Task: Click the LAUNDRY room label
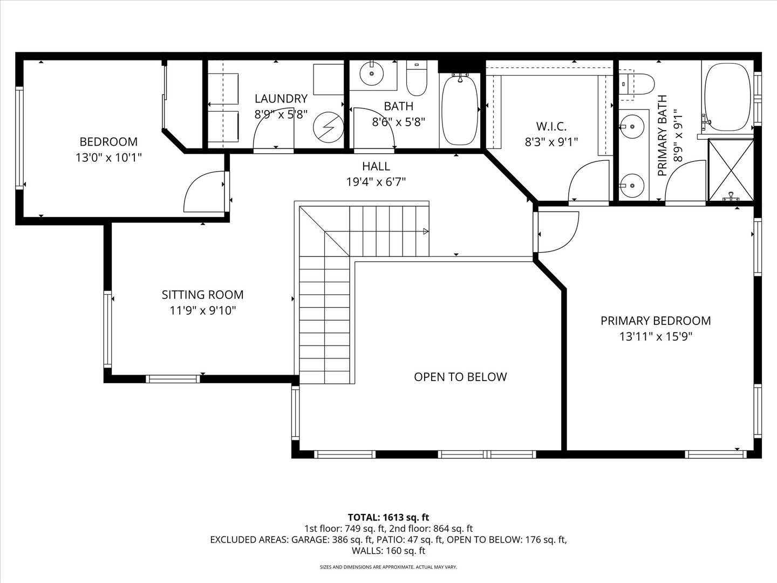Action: pos(281,98)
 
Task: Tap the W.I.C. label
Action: pos(551,126)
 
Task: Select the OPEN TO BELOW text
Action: pos(460,377)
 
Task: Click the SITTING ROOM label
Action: pos(202,295)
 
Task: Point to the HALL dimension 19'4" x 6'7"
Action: pos(376,181)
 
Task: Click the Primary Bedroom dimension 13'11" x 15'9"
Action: pos(656,336)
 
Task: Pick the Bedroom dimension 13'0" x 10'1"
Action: pos(108,157)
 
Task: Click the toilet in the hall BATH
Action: pos(417,78)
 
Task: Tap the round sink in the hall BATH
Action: pos(372,73)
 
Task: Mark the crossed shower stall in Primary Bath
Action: pos(730,170)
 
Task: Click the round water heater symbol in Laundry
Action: pos(329,127)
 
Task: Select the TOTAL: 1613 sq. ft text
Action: pos(388,517)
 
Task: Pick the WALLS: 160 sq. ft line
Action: pos(388,551)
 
